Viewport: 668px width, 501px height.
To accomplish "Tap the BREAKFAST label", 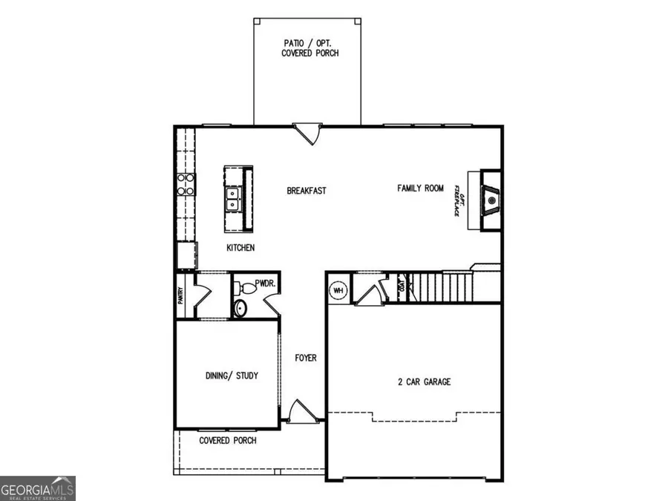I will click(307, 191).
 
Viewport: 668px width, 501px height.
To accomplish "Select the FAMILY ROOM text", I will click(420, 189).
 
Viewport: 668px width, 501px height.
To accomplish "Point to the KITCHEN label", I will click(240, 248).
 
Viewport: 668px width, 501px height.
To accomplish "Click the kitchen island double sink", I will click(232, 197).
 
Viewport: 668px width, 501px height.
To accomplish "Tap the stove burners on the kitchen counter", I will click(185, 183).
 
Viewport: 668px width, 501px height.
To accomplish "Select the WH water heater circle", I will click(339, 289).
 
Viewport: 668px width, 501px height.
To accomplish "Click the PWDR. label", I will click(266, 284).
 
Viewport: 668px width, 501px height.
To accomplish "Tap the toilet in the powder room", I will click(240, 308).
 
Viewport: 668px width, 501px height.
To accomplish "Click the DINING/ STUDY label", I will click(232, 376).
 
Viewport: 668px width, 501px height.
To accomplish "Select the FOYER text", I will click(305, 358).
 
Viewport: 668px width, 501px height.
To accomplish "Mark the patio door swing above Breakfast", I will click(307, 134).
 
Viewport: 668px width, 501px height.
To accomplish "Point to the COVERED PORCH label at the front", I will click(228, 440).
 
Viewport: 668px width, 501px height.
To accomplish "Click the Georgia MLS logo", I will click(38, 488).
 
